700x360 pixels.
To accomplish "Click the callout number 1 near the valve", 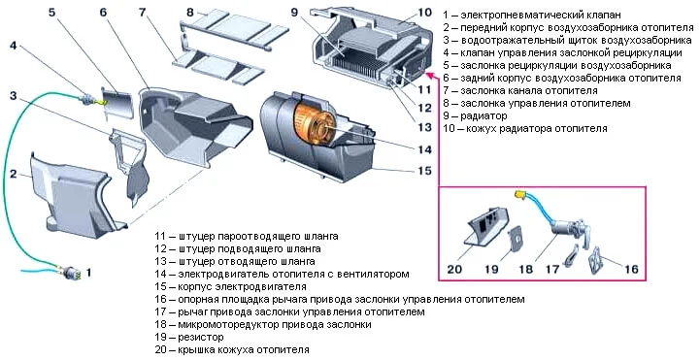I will tap(89, 273).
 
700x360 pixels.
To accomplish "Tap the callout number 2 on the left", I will tap(14, 174).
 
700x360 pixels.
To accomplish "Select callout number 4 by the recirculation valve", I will tap(14, 46).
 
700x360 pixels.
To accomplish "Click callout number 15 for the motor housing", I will tap(423, 171).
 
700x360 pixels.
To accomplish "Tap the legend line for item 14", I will tap(282, 275).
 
